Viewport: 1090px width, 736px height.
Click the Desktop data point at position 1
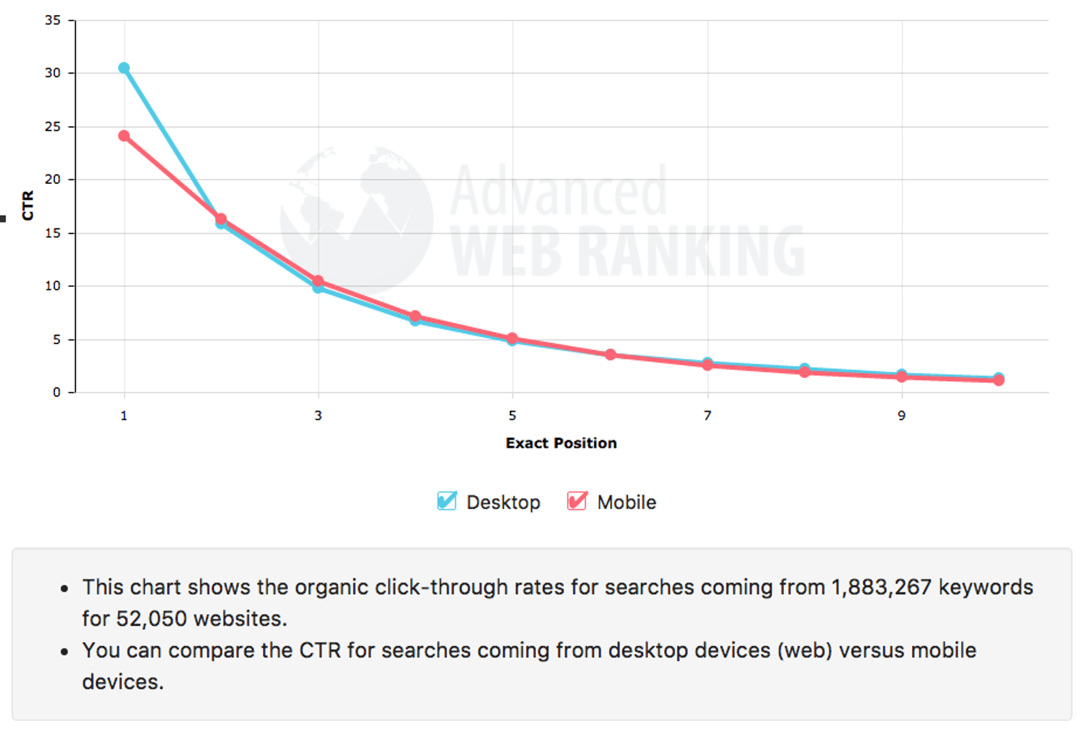[124, 68]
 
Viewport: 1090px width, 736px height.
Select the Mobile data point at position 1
[124, 136]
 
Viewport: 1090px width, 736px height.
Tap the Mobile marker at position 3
[318, 281]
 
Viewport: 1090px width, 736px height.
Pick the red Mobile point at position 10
[999, 380]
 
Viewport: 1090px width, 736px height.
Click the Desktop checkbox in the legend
[447, 502]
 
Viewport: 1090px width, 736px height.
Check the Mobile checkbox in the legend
[577, 502]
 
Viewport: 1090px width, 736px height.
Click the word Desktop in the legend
[503, 502]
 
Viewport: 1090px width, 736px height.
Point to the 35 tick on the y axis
[53, 20]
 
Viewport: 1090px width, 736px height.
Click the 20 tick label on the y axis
[53, 180]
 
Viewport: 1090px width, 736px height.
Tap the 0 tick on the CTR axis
[57, 393]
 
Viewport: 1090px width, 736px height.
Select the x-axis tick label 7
[707, 416]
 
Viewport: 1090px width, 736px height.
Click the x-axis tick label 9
[901, 416]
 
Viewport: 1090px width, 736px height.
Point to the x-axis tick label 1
[124, 416]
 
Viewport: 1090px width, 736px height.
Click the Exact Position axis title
[561, 443]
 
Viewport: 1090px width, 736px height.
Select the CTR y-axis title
[28, 205]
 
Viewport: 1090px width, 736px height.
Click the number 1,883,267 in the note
[881, 587]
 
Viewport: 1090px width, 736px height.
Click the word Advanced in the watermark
[559, 191]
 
